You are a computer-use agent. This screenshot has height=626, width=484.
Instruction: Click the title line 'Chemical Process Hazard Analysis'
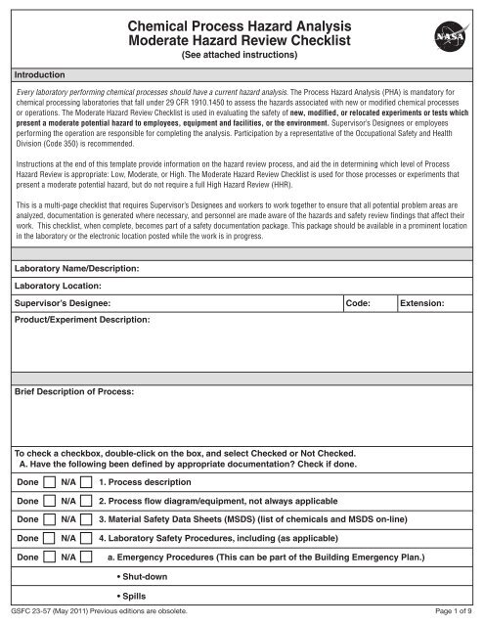(242, 22)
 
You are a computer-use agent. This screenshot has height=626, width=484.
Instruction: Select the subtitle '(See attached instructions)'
(242, 56)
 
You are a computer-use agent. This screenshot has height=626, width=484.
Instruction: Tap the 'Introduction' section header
(39, 73)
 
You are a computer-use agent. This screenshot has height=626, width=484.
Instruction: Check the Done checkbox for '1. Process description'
(48, 482)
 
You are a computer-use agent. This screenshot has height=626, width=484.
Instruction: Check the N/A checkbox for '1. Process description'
(86, 482)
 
